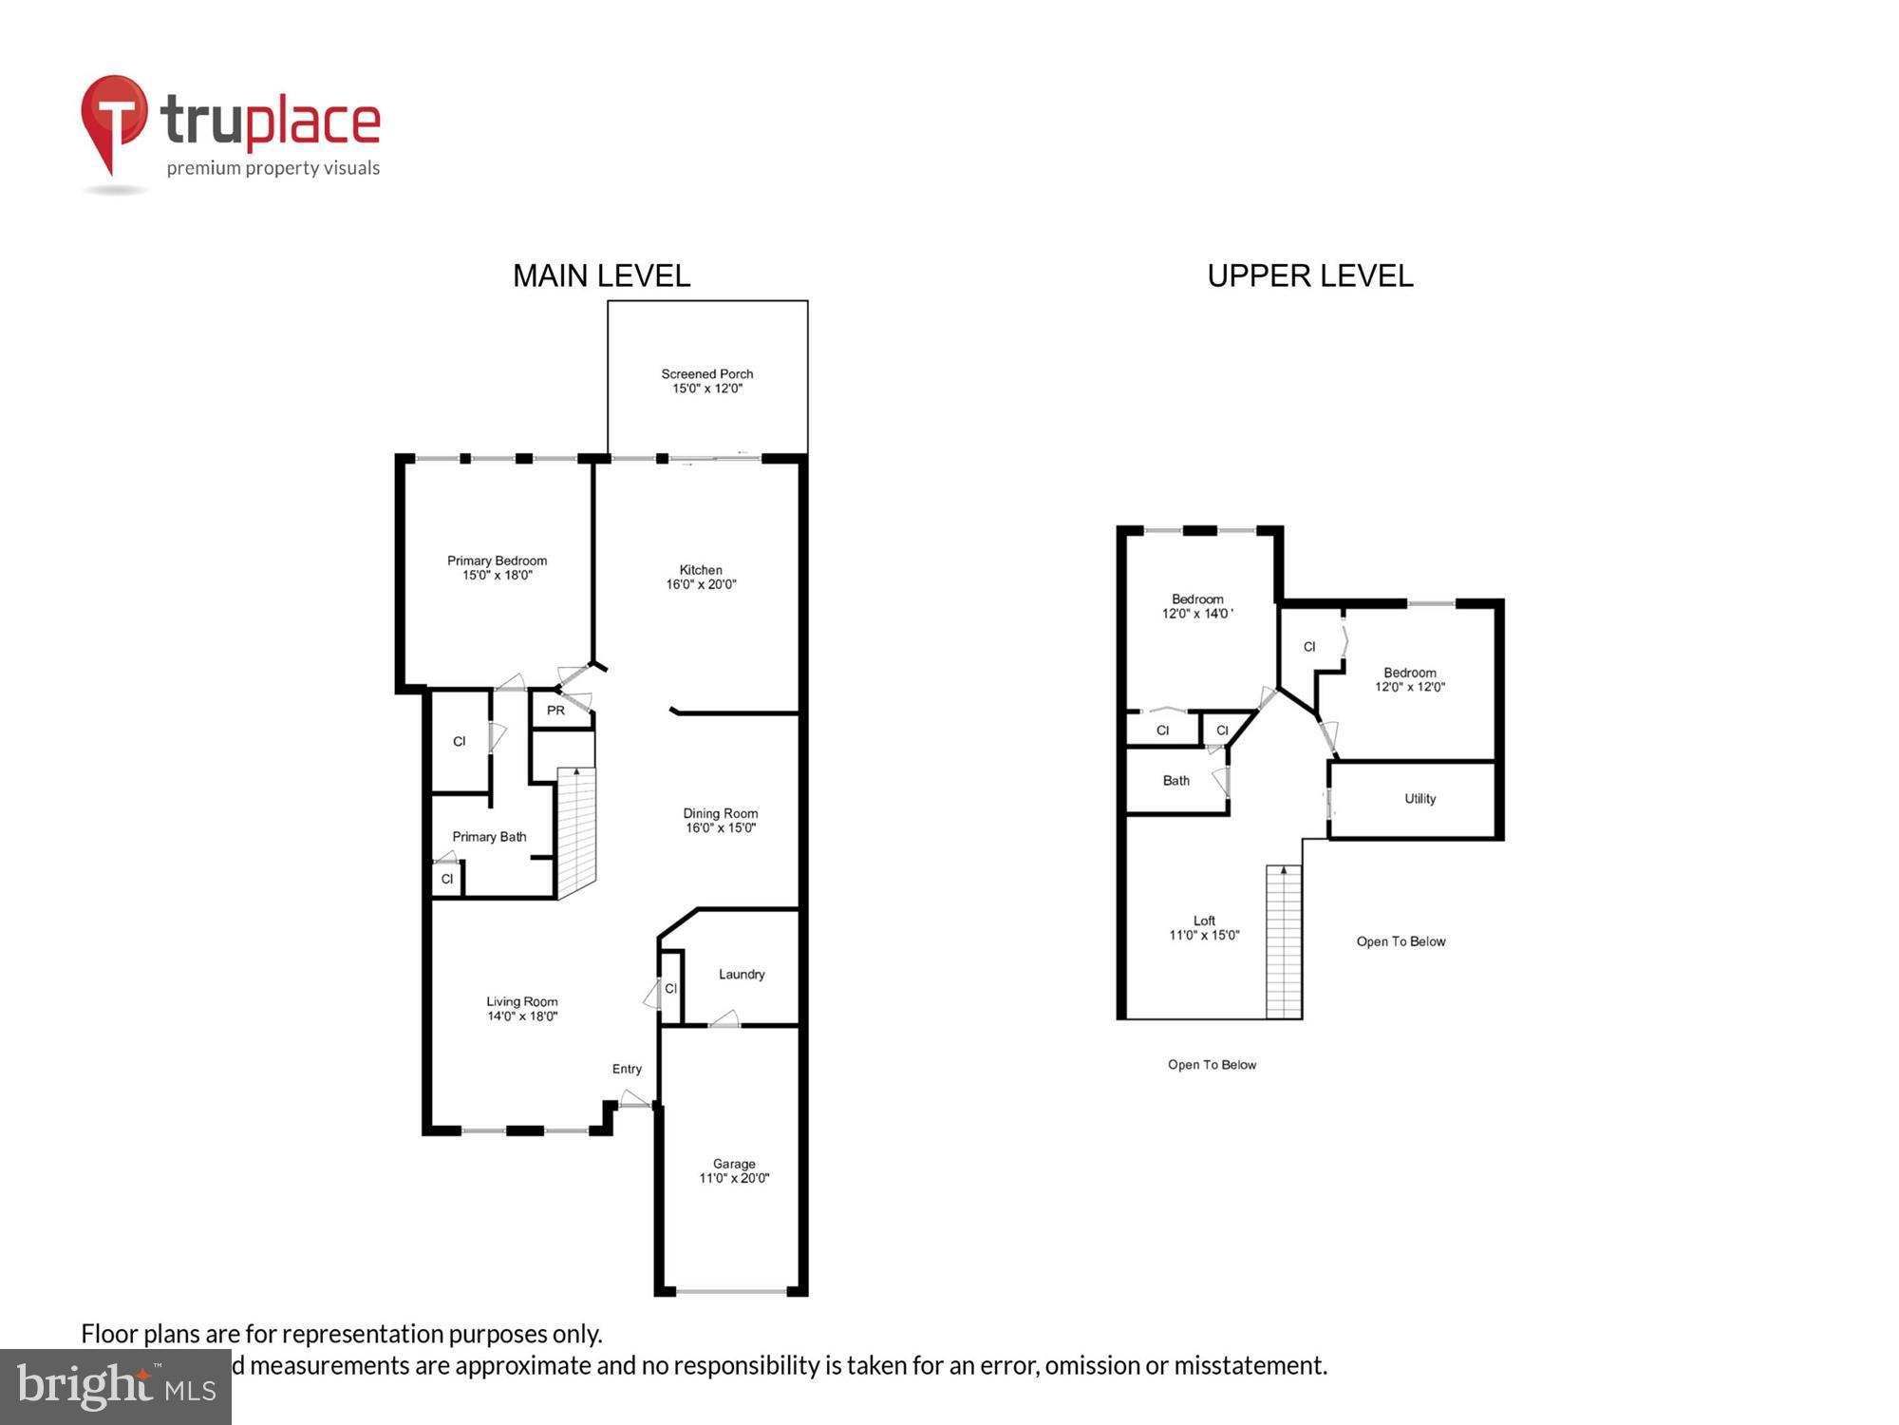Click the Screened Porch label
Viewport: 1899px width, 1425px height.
click(706, 374)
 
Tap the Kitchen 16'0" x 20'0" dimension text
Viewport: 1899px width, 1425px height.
click(701, 584)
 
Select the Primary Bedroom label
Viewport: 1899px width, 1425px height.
click(497, 560)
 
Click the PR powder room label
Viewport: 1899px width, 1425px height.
click(555, 711)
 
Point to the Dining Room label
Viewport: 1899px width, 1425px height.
click(720, 813)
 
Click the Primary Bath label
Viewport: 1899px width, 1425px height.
click(489, 837)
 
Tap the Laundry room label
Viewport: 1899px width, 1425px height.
click(742, 975)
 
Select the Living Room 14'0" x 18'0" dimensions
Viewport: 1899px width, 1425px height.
click(522, 1016)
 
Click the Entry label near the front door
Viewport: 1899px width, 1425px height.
click(627, 1069)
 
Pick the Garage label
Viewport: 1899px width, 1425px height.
click(734, 1164)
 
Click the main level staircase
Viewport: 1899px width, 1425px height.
click(575, 831)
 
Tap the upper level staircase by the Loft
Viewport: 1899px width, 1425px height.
click(1284, 940)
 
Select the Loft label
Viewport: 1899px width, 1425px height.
click(1204, 921)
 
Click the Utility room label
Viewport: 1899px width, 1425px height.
click(1420, 799)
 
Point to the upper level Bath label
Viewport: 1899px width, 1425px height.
click(1175, 781)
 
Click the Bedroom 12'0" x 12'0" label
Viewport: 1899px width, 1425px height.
click(1409, 679)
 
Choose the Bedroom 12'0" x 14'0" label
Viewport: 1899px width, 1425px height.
click(1197, 606)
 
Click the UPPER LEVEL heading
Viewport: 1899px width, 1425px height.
click(1309, 276)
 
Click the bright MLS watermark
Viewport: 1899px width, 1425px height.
click(116, 1387)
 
